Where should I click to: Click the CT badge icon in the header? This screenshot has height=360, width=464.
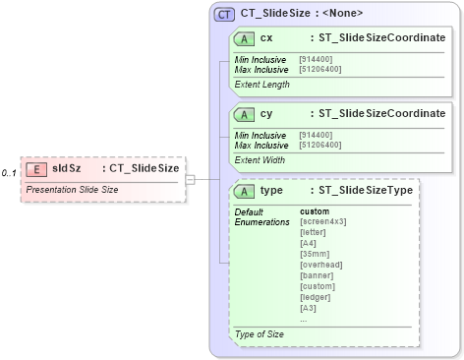(x=224, y=14)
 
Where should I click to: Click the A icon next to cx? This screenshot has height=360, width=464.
(x=242, y=38)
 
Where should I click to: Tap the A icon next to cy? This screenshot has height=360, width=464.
(x=242, y=113)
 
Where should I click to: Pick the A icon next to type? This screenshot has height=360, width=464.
(x=242, y=190)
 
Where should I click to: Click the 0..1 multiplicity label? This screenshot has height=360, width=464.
(x=9, y=173)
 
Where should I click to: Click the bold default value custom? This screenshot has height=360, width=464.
(x=315, y=211)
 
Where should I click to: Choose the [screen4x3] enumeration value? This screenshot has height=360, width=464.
(x=322, y=221)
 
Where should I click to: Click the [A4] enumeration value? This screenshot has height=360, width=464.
(x=309, y=243)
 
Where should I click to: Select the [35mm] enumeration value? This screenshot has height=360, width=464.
(x=314, y=254)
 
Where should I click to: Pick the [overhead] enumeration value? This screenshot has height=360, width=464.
(x=319, y=265)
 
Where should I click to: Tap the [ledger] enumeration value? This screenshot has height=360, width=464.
(x=315, y=297)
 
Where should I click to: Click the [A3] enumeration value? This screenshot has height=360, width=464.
(x=309, y=308)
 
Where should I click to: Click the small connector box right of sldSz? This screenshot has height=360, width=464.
(x=191, y=179)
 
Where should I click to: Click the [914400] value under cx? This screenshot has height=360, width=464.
(x=316, y=59)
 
